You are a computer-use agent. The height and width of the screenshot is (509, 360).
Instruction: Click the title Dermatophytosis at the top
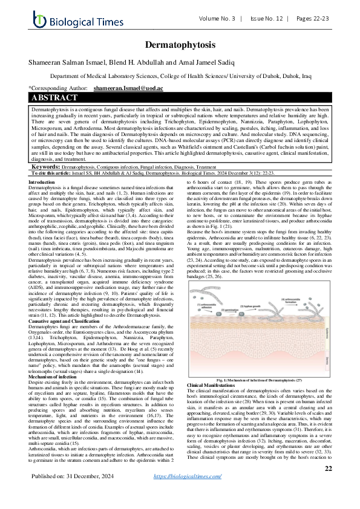coord(179,46)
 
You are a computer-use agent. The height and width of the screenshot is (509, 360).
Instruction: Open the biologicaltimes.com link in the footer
coord(188,493)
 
